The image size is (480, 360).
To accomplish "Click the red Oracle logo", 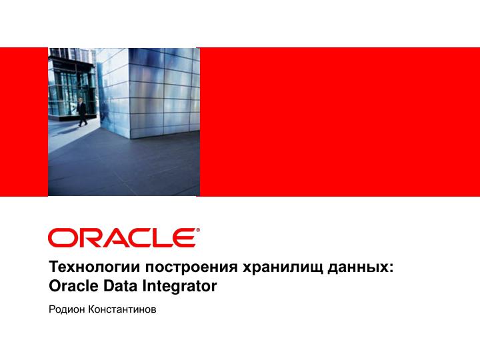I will pyautogui.click(x=123, y=237).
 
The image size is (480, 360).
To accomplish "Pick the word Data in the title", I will pyautogui.click(x=117, y=287).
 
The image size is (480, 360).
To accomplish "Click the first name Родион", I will pyautogui.click(x=66, y=310).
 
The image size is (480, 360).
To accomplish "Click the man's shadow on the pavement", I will pyautogui.click(x=100, y=127).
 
